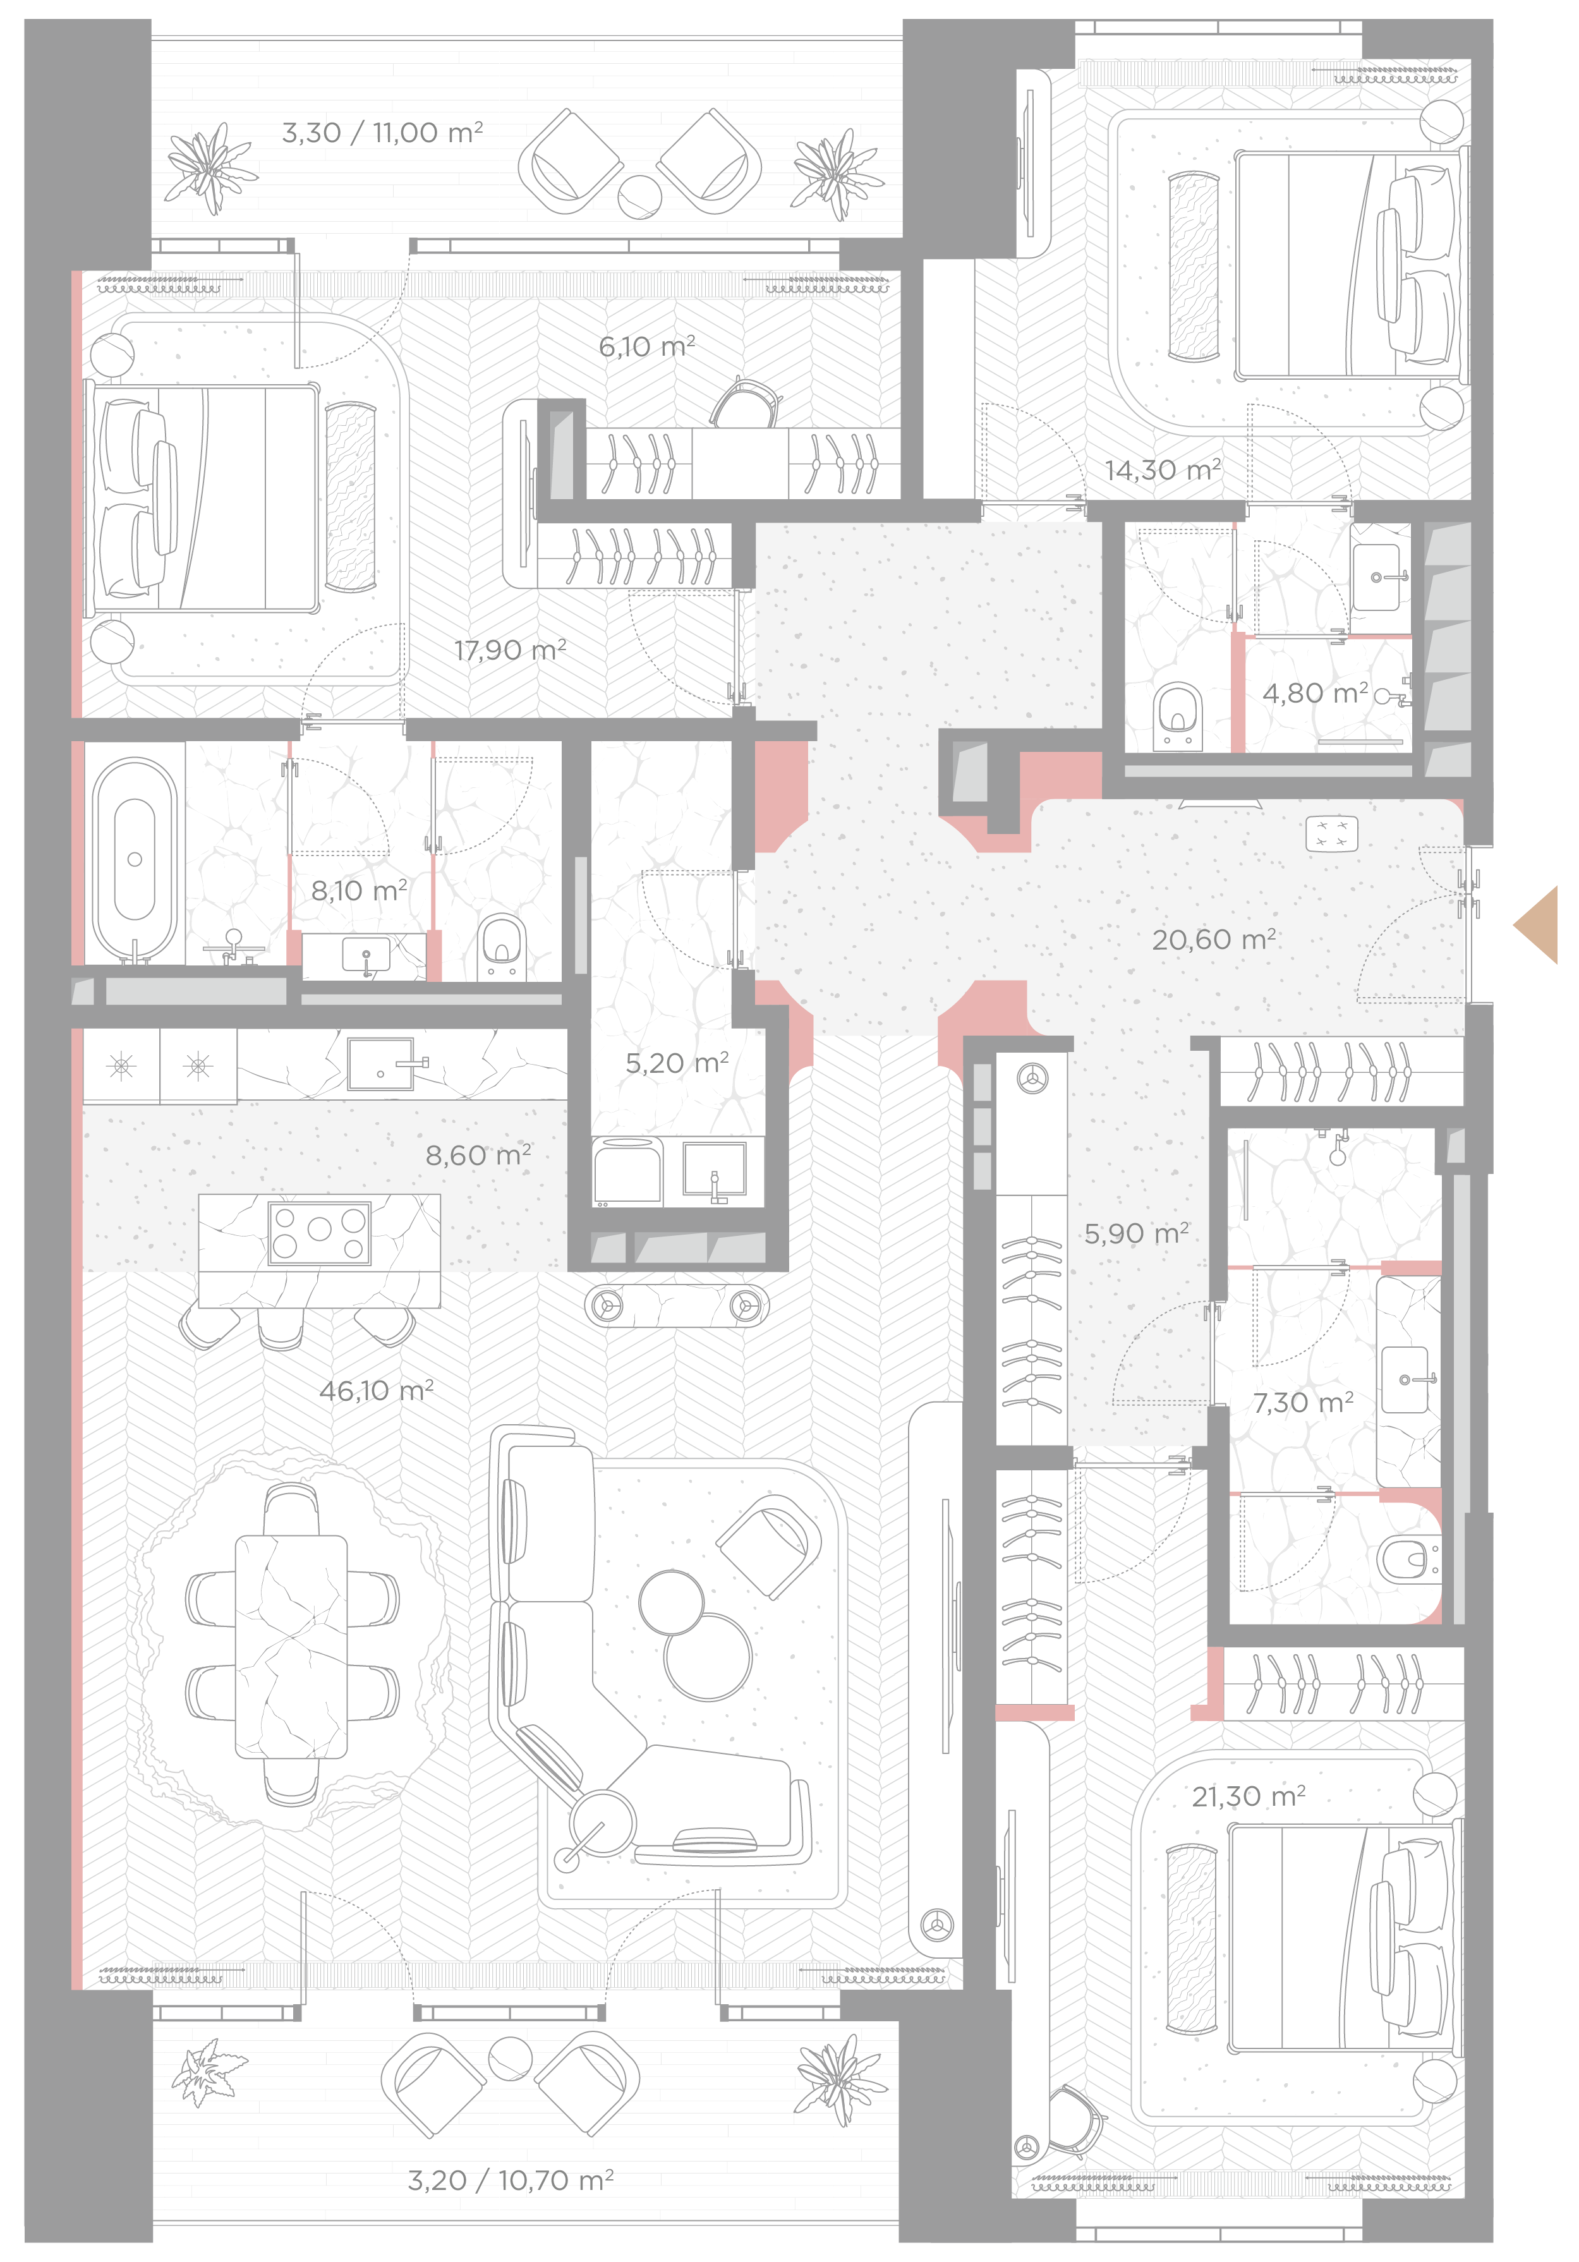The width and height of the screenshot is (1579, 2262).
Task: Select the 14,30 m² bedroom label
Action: pos(1163,470)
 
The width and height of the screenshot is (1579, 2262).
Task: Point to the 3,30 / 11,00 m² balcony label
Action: pos(382,132)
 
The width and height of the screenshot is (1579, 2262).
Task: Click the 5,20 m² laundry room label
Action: pos(677,1063)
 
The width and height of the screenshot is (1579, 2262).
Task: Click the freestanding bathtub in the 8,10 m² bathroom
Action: pos(135,859)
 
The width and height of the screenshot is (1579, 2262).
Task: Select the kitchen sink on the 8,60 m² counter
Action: pos(381,1064)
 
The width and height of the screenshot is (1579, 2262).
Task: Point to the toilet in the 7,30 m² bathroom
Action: pos(1408,1559)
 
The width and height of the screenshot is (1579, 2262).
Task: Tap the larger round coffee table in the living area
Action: pos(707,1657)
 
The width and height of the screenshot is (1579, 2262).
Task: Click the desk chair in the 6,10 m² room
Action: pos(746,403)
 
